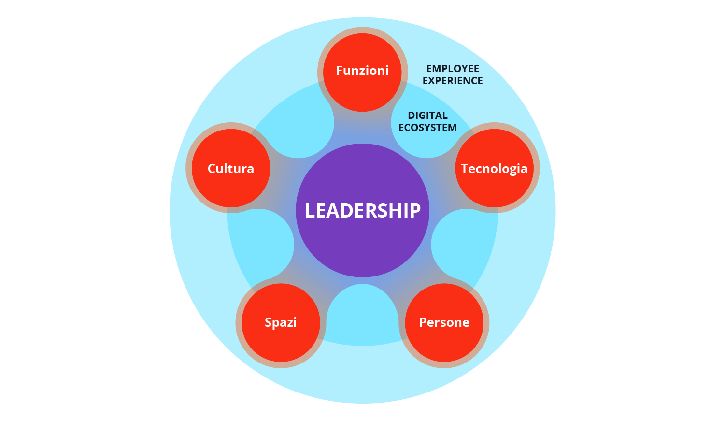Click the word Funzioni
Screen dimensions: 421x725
(362, 71)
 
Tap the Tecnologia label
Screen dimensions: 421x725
(494, 169)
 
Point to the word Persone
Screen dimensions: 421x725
(444, 322)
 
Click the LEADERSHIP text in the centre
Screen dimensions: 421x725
(363, 211)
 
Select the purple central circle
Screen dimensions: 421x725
(363, 247)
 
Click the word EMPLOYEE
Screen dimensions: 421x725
(453, 69)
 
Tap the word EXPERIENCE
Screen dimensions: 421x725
(453, 81)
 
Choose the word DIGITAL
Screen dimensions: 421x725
(427, 116)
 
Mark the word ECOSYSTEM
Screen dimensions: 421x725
(427, 128)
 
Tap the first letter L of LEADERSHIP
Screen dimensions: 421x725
(310, 211)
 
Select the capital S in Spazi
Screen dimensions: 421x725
(269, 322)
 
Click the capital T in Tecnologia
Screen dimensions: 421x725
(465, 168)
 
